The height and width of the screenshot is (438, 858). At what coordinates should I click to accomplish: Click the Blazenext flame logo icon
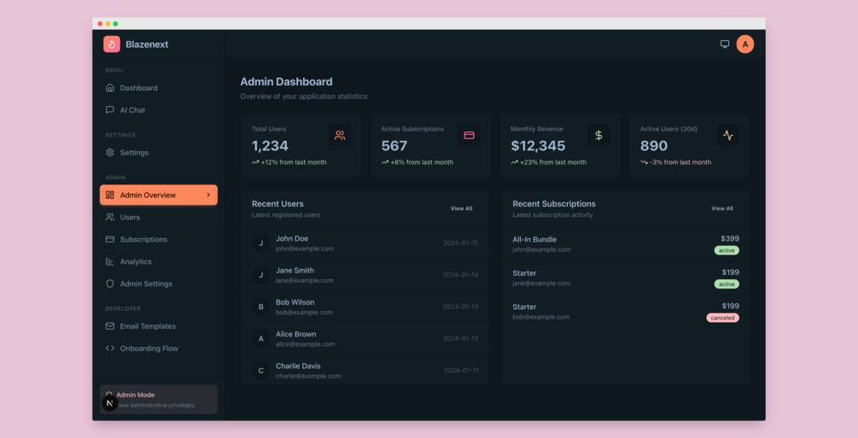click(x=112, y=44)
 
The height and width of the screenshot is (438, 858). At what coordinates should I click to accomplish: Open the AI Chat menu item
click(x=132, y=110)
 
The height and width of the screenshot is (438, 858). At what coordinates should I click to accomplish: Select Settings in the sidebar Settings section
click(x=134, y=153)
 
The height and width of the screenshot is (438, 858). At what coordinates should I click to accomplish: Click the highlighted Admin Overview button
click(x=158, y=196)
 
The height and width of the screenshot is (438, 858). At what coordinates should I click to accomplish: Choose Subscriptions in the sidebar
click(x=143, y=240)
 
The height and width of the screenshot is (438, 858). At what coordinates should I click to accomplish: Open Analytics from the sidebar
click(x=136, y=262)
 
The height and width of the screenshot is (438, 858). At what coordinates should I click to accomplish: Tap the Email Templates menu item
click(x=148, y=326)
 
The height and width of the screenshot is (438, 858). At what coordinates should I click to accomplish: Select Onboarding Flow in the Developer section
click(x=149, y=348)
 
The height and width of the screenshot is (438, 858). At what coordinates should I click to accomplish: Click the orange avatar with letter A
click(x=745, y=44)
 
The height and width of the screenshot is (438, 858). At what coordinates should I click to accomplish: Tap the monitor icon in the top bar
click(x=725, y=44)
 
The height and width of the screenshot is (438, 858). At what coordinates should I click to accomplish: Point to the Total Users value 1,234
click(x=270, y=146)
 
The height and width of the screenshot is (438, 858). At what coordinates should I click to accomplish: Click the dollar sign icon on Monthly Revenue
click(x=598, y=135)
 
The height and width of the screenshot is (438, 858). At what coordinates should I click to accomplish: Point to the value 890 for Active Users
click(x=654, y=146)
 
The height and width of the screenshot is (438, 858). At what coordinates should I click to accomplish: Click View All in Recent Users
click(x=461, y=208)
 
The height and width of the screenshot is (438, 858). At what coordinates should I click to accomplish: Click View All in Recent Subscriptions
click(x=722, y=208)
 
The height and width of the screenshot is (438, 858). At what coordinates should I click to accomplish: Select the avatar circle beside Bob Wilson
click(x=261, y=307)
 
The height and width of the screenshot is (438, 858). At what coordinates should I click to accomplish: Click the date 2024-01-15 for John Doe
click(x=460, y=243)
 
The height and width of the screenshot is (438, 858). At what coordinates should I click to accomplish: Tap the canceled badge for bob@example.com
click(x=722, y=318)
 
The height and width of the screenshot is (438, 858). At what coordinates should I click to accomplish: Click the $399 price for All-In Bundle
click(x=730, y=239)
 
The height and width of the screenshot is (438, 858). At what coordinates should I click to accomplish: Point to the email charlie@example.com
click(x=308, y=376)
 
